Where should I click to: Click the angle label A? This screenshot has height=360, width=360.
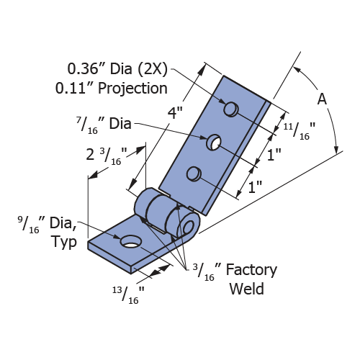pyautogui.click(x=322, y=99)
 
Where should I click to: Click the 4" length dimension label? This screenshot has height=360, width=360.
pyautogui.click(x=175, y=112)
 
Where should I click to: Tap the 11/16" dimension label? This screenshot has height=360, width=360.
pyautogui.click(x=300, y=131)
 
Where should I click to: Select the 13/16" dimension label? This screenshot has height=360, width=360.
pyautogui.click(x=129, y=295)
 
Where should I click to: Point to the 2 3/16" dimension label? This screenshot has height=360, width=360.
pyautogui.click(x=107, y=156)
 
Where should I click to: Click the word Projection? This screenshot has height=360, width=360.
pyautogui.click(x=132, y=89)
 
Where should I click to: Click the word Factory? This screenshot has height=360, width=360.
pyautogui.click(x=251, y=271)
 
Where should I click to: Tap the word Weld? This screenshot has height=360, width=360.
pyautogui.click(x=247, y=289)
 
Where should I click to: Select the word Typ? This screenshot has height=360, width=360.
pyautogui.click(x=64, y=242)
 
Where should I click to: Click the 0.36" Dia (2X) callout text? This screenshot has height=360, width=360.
pyautogui.click(x=117, y=69)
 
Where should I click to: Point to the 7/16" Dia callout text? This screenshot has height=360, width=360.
pyautogui.click(x=104, y=125)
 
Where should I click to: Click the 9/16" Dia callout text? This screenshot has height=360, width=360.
pyautogui.click(x=48, y=225)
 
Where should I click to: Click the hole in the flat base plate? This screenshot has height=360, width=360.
pyautogui.click(x=130, y=242)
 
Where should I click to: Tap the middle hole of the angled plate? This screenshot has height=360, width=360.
pyautogui.click(x=214, y=142)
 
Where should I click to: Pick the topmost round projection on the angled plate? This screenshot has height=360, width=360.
pyautogui.click(x=230, y=109)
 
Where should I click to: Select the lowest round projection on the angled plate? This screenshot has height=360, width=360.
pyautogui.click(x=194, y=174)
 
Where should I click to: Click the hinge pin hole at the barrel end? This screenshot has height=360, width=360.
pyautogui.click(x=189, y=227)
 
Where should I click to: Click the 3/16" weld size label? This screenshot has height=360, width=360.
pyautogui.click(x=204, y=272)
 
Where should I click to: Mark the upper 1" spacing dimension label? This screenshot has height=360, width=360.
pyautogui.click(x=274, y=154)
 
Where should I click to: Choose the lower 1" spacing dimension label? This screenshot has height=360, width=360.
pyautogui.click(x=255, y=187)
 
